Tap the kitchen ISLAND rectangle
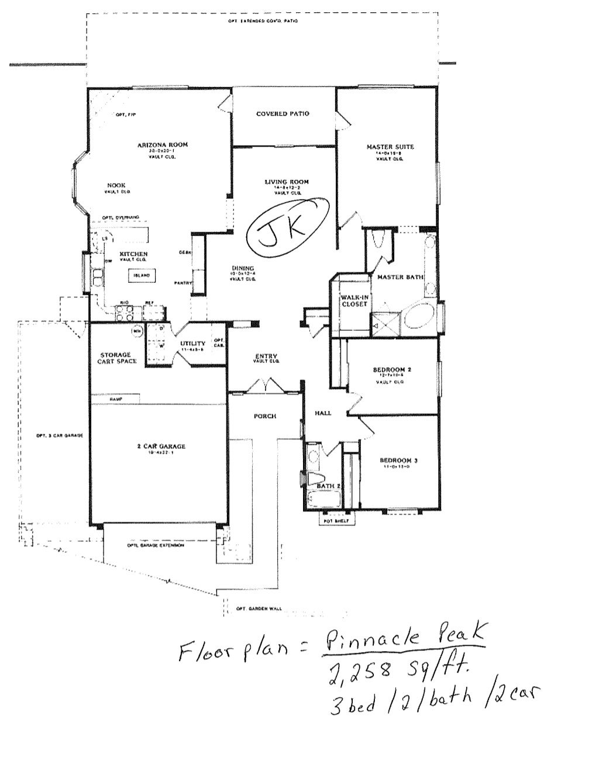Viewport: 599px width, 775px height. coord(141,275)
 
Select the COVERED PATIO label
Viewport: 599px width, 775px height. coord(283,114)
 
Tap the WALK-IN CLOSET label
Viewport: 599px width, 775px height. coord(354,300)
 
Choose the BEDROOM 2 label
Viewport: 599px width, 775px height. coord(393,369)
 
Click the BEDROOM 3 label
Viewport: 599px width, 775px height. coord(398,461)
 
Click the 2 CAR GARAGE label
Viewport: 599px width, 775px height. coord(161,447)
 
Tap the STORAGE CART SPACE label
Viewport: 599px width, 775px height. coord(117,358)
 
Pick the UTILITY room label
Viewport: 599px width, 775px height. coord(192,344)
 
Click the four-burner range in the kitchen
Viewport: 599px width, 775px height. coord(124,314)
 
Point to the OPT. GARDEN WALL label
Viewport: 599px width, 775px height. coord(259,608)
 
